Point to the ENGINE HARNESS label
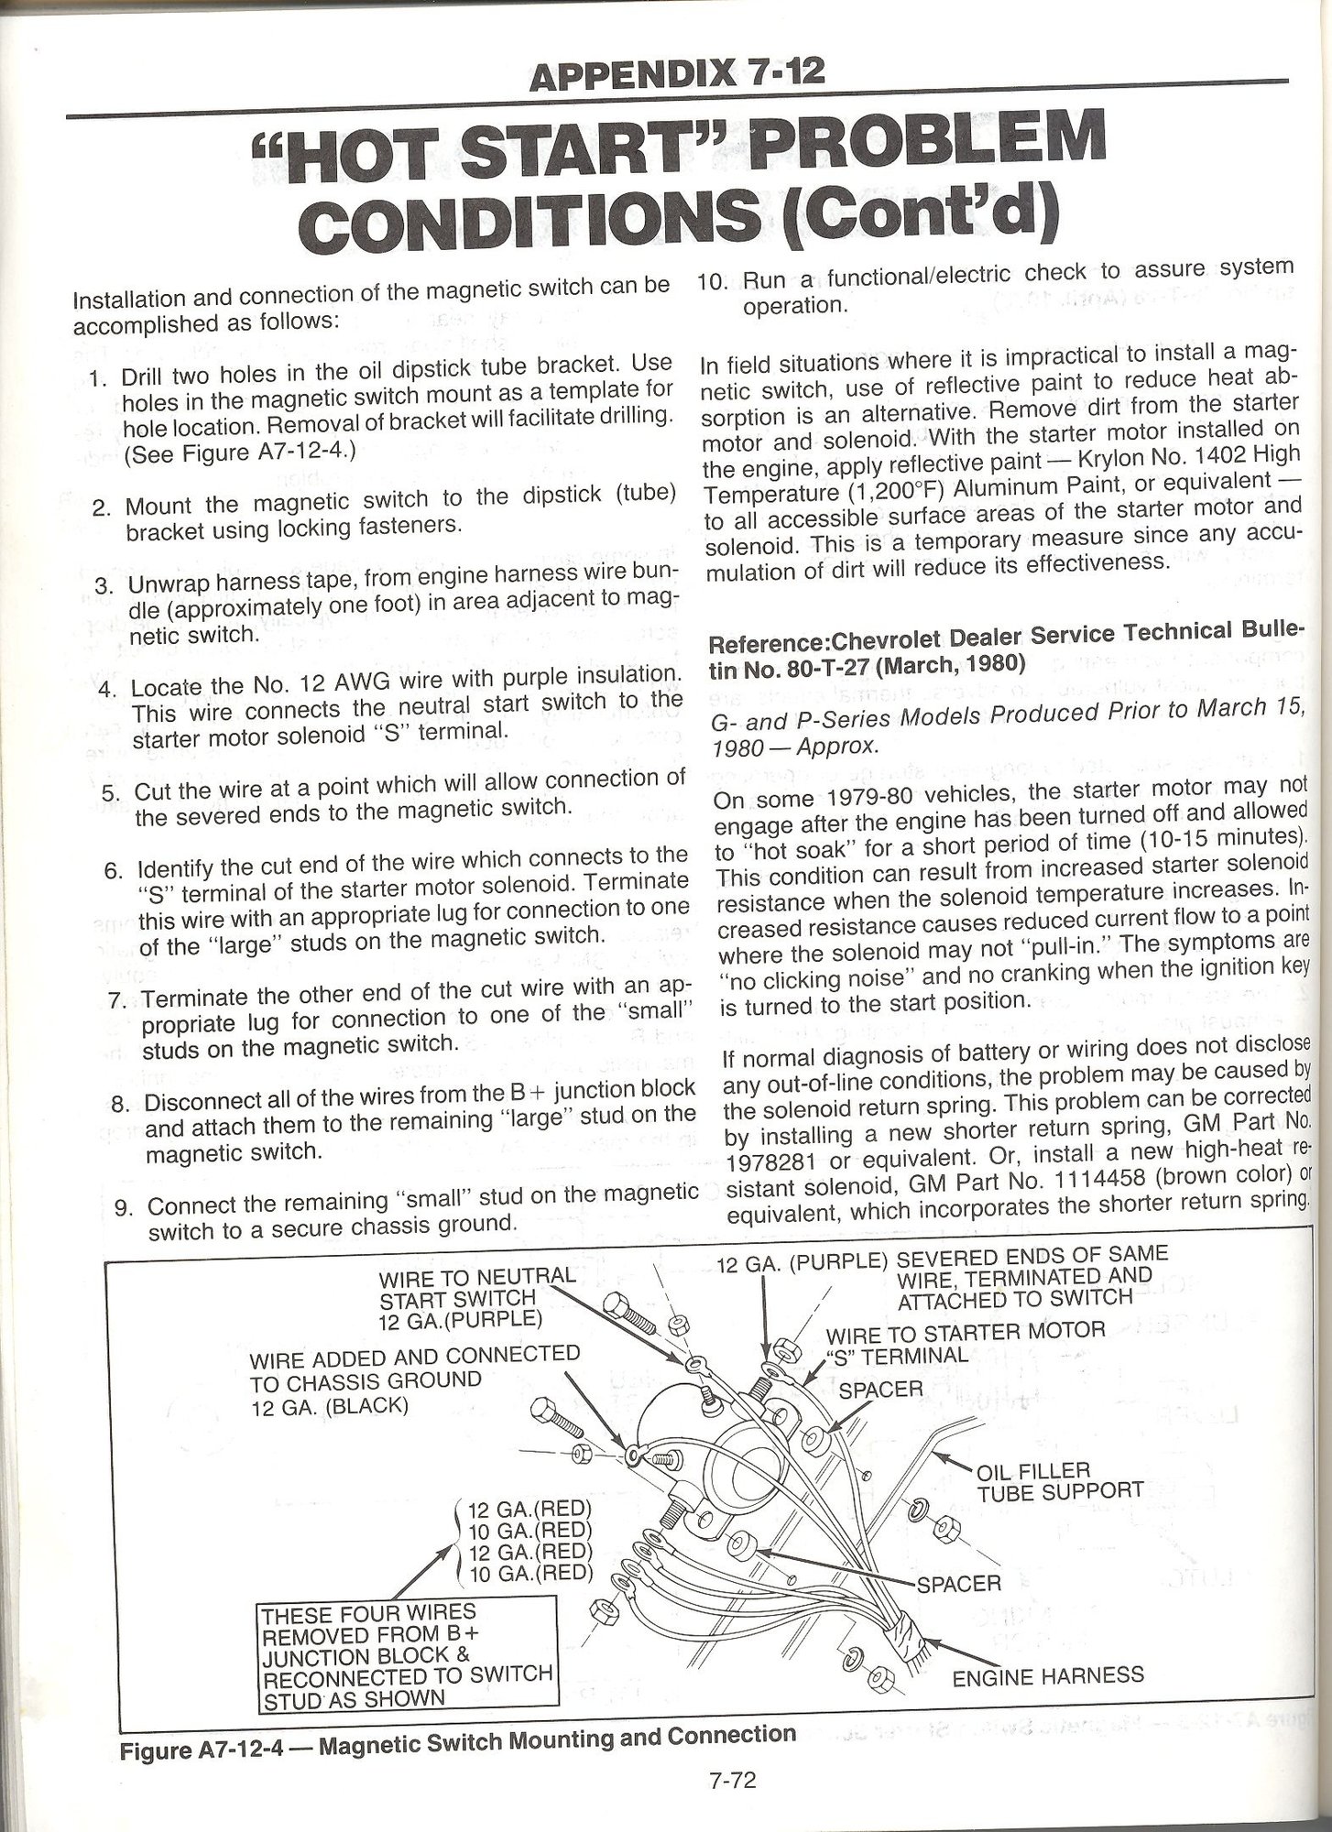point(1047,1675)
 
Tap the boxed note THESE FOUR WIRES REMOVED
point(406,1654)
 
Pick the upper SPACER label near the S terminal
point(879,1389)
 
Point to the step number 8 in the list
point(118,1103)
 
